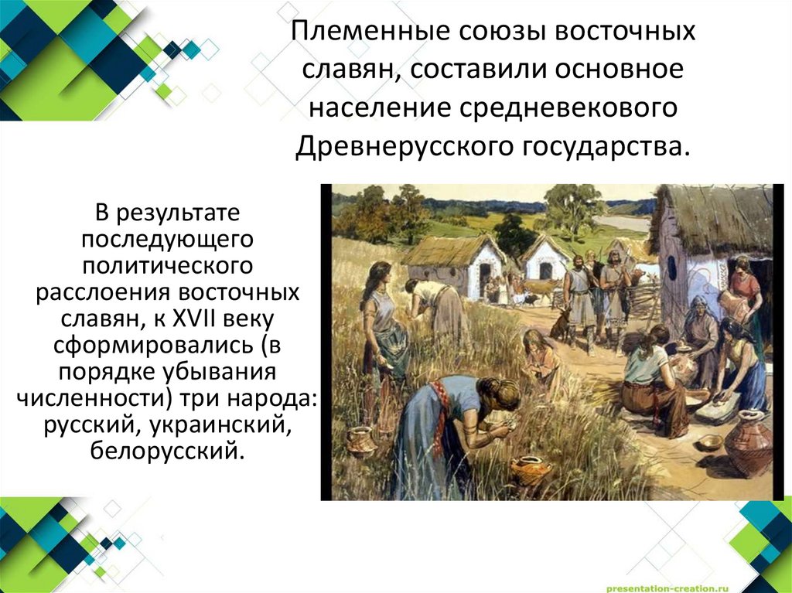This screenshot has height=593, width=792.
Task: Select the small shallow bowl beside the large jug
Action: (x=710, y=441)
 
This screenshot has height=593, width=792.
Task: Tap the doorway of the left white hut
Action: (x=485, y=279)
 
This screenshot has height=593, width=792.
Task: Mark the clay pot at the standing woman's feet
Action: (x=360, y=441)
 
